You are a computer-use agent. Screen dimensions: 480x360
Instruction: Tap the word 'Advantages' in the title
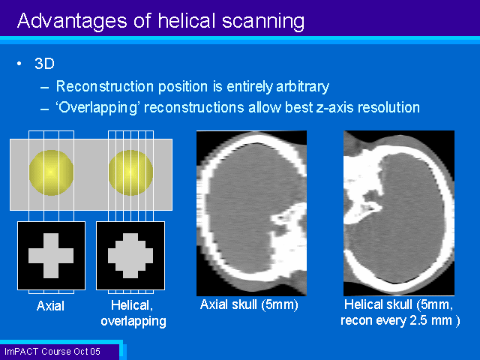coord(72,22)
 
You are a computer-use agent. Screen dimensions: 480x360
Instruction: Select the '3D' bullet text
coord(44,64)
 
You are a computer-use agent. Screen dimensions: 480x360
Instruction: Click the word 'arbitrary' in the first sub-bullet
coord(302,87)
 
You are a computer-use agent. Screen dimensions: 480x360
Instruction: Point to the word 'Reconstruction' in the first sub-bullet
coord(105,86)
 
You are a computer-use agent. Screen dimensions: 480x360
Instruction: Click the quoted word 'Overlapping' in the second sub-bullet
coord(97,108)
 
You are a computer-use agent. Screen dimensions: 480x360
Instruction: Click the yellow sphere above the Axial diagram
coord(51,172)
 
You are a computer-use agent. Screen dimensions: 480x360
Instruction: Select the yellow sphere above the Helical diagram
coord(130,172)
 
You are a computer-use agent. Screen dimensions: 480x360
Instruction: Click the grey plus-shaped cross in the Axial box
coord(51,256)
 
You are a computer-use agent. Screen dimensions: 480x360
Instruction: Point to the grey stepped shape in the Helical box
coord(130,256)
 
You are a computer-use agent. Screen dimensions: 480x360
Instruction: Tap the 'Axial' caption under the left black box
coord(50,306)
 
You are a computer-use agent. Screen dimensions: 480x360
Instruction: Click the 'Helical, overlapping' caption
coord(133,313)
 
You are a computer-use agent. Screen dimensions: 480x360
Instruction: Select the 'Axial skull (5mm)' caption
coord(249,305)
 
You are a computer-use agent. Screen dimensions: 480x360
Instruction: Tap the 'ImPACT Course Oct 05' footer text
coord(52,352)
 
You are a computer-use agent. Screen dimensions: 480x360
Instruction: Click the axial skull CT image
coord(252,213)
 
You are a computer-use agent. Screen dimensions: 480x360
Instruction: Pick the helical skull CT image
coord(399,213)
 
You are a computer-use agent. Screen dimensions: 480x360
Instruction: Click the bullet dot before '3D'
coord(19,64)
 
